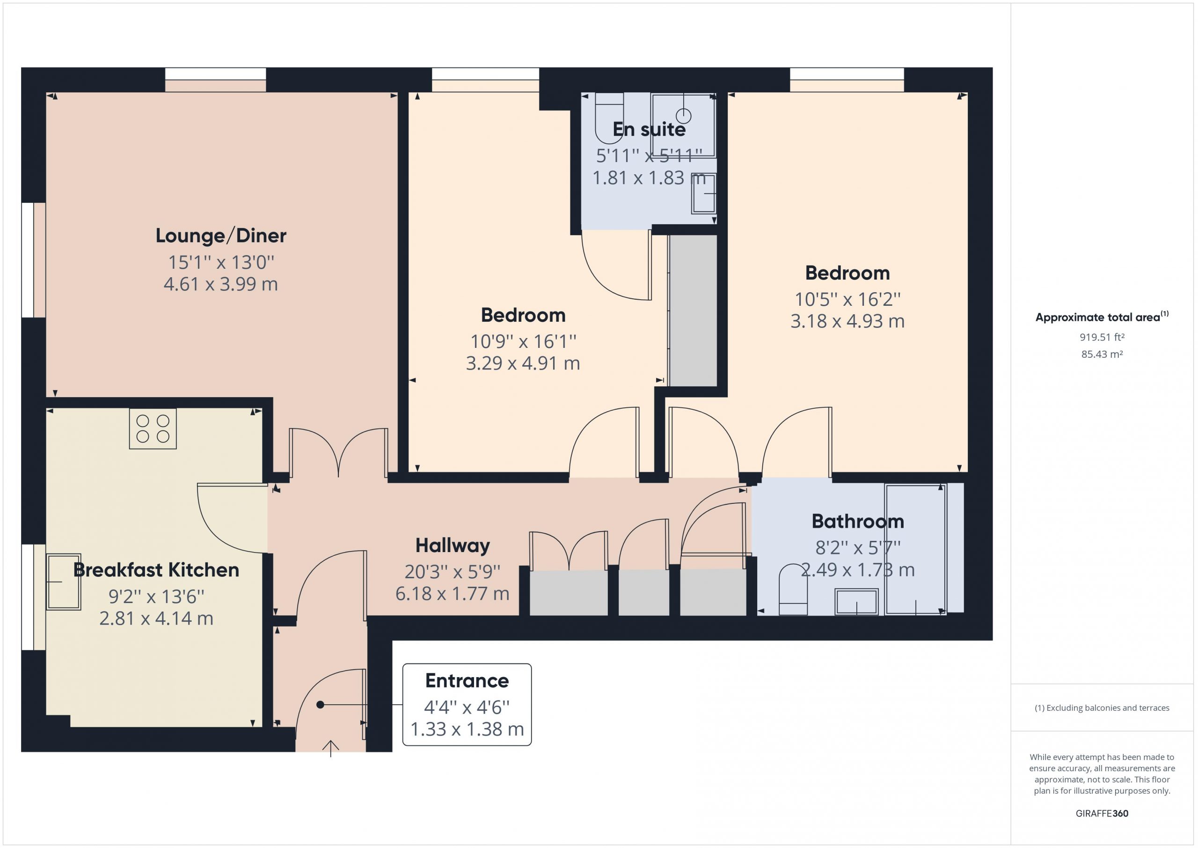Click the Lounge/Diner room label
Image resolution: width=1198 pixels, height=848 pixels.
click(221, 236)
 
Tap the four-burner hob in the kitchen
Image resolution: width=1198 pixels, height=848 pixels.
click(153, 429)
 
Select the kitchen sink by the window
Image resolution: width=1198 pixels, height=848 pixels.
click(64, 582)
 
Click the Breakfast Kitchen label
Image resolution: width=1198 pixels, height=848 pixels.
click(156, 570)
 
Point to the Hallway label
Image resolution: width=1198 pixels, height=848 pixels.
click(453, 546)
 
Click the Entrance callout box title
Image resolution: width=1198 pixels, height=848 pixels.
click(467, 680)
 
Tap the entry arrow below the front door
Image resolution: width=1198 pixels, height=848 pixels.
click(331, 748)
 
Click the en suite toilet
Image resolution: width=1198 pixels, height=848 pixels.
click(609, 118)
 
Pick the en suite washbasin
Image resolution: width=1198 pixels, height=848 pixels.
click(703, 193)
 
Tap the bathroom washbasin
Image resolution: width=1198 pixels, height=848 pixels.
click(857, 602)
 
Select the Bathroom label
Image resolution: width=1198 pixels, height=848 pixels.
click(858, 521)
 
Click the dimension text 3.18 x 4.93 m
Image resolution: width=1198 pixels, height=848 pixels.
click(847, 321)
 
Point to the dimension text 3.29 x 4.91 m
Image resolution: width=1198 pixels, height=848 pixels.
click(523, 363)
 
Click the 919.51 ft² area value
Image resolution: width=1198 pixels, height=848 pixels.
click(1102, 337)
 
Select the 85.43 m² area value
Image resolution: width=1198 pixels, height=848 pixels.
click(1102, 354)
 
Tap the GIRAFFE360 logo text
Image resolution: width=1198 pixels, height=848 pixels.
click(1102, 813)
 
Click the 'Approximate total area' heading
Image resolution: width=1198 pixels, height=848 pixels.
click(1098, 317)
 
